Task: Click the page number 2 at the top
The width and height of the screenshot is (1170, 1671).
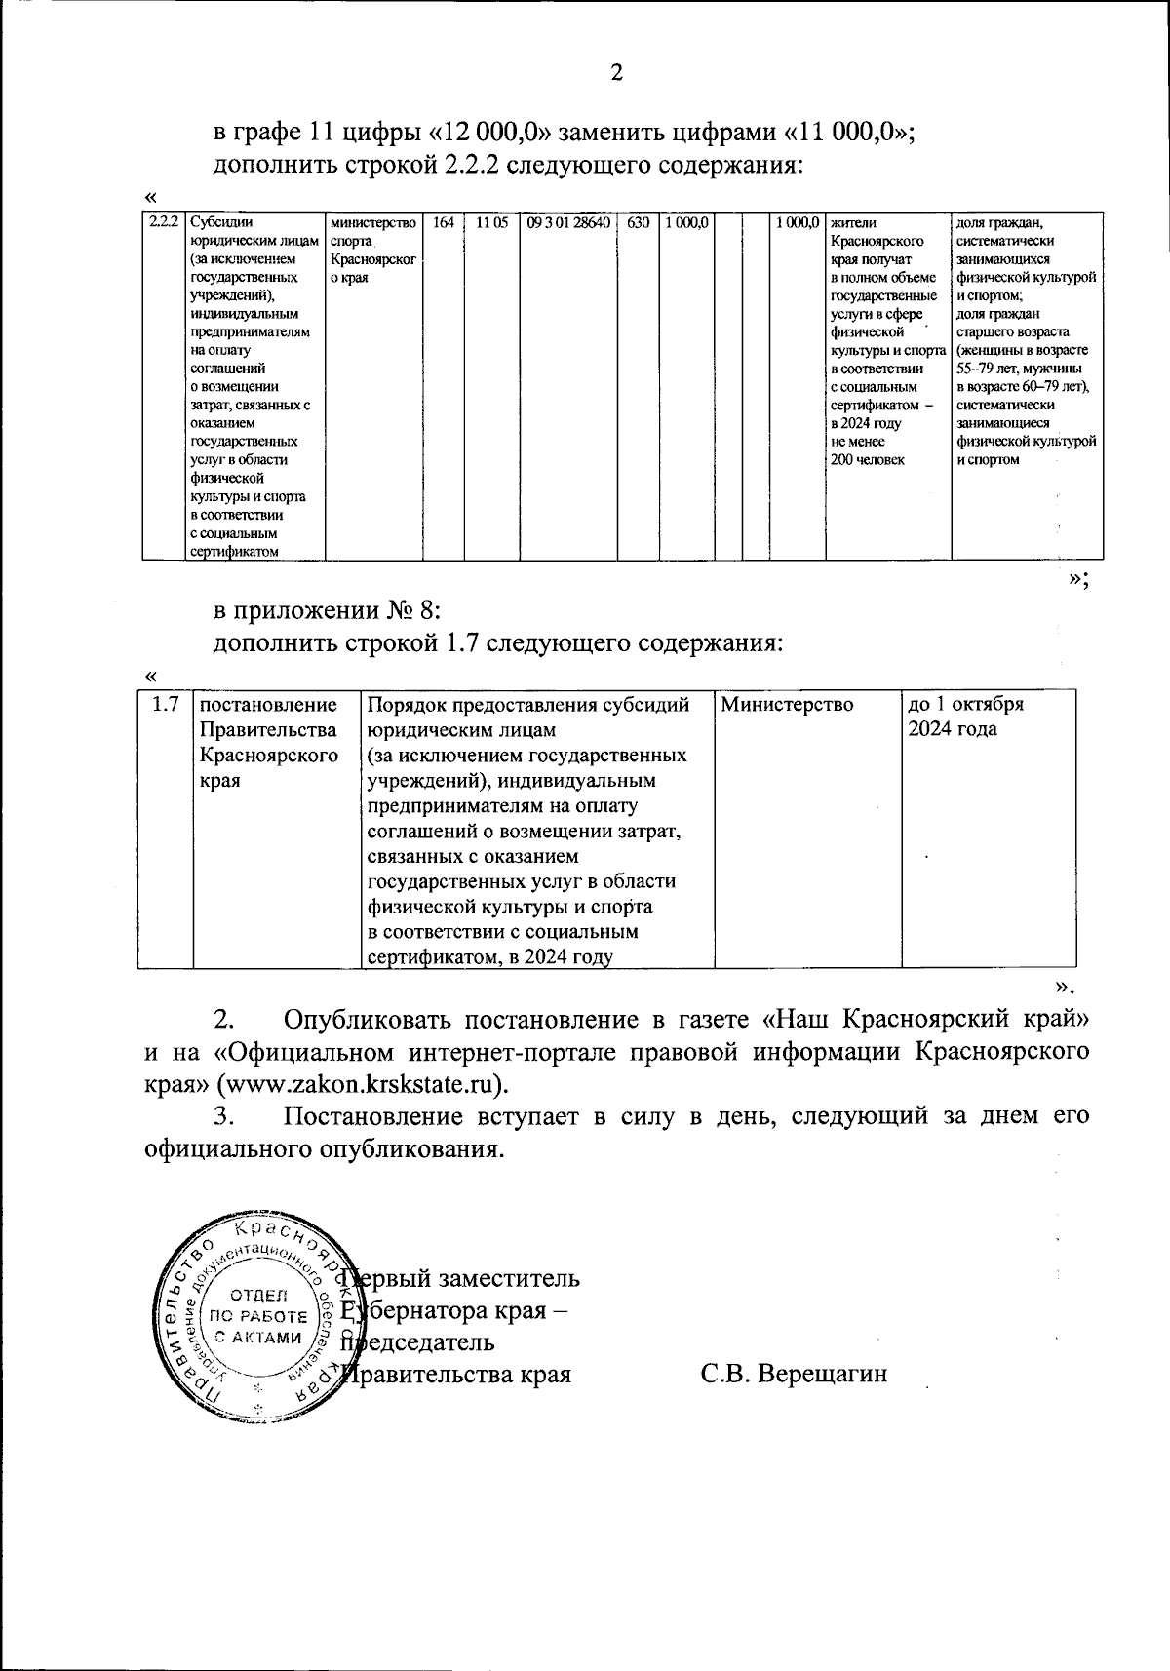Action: tap(615, 72)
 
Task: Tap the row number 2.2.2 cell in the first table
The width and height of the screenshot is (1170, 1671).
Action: tap(163, 222)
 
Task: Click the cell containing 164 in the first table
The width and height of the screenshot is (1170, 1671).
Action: tap(444, 222)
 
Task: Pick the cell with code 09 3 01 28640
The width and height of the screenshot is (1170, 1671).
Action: tap(568, 222)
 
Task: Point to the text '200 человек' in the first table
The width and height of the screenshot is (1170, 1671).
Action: tap(867, 460)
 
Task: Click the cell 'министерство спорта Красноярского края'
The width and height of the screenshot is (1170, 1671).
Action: tap(373, 250)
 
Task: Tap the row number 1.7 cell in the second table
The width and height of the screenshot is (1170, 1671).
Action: tap(166, 704)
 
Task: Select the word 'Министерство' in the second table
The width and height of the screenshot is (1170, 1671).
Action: tap(787, 704)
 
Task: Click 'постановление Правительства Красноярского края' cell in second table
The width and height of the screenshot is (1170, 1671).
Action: tap(268, 742)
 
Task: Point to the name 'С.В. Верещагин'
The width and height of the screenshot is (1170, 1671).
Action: tap(794, 1375)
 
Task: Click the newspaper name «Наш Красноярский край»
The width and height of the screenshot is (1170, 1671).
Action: tap(923, 1021)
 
